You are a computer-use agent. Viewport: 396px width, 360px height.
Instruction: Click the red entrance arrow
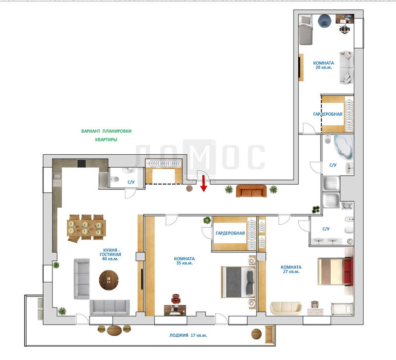coord(204,184)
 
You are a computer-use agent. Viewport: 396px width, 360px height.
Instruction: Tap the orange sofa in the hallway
coord(251,191)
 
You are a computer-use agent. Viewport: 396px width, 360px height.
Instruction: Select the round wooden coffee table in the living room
coord(109,280)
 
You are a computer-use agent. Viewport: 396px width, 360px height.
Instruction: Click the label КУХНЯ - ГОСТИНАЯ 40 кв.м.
coord(111,255)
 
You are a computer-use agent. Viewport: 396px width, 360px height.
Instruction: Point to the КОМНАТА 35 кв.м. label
coord(184,261)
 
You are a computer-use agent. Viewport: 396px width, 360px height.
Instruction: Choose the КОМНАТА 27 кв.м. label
coord(291,269)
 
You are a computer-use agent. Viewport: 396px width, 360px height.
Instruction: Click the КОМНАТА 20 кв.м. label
coord(323,65)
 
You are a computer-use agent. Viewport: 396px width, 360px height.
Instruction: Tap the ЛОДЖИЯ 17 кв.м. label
coord(188,335)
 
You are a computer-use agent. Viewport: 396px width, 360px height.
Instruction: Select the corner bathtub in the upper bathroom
coord(343,147)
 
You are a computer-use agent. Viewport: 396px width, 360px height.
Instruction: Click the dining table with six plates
coord(86,228)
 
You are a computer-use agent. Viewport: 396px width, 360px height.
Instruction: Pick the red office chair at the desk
coord(176,299)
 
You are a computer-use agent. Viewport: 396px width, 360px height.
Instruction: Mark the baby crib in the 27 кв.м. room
coord(342,309)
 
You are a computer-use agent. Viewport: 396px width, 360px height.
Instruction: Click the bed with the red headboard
coord(335,271)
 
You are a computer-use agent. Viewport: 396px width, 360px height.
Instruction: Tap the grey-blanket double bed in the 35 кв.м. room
coord(239,282)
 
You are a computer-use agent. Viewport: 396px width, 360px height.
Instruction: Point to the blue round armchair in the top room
coord(325,21)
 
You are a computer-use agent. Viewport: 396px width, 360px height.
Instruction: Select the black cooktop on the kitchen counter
coord(82,163)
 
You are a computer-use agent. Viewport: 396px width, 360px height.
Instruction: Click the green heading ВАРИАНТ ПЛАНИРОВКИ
coord(106,131)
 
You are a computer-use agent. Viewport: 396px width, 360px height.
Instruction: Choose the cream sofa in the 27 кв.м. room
coord(286,308)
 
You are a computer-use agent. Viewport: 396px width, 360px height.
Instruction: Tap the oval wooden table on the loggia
coord(114,330)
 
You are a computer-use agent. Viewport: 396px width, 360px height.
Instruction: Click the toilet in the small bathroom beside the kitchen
coord(115,179)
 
